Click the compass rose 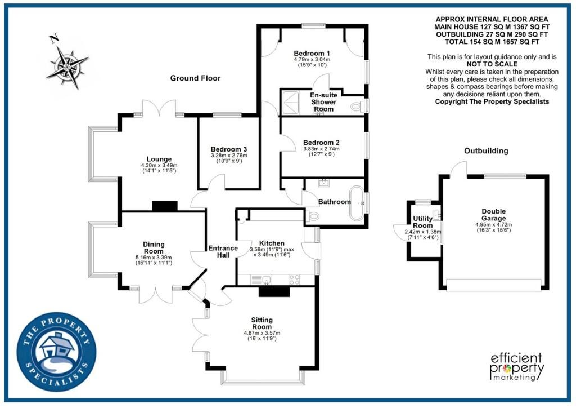point(67,68)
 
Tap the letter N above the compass point(55,38)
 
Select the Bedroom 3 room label point(229,149)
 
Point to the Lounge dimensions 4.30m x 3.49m point(159,166)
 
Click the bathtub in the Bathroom point(356,203)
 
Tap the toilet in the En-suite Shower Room point(357,107)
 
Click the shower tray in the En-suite point(291,102)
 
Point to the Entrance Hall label point(223,252)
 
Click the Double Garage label point(494,215)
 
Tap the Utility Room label point(423,222)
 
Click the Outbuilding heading point(486,151)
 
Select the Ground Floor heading point(195,78)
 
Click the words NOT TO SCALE point(492,64)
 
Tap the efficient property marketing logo point(517,366)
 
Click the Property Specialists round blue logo point(57,352)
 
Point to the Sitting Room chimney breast point(274,291)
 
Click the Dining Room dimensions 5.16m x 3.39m point(154,258)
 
